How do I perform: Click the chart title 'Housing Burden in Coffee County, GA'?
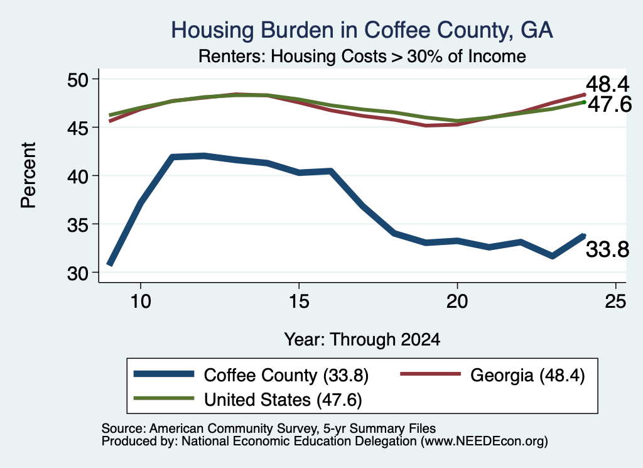pyautogui.click(x=362, y=30)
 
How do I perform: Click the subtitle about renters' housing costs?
pyautogui.click(x=362, y=57)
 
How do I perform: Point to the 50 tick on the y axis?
pyautogui.click(x=78, y=79)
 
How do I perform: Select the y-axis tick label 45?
pyautogui.click(x=78, y=128)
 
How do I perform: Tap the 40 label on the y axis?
pyautogui.click(x=78, y=176)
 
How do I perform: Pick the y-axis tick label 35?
pyautogui.click(x=78, y=224)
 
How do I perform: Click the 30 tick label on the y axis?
pyautogui.click(x=78, y=273)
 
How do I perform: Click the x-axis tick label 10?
pyautogui.click(x=141, y=302)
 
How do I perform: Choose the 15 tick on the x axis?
pyautogui.click(x=299, y=302)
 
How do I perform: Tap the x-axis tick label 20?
pyautogui.click(x=457, y=302)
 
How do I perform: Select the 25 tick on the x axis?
pyautogui.click(x=615, y=302)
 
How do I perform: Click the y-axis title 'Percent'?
pyautogui.click(x=29, y=175)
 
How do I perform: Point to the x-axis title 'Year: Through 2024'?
pyautogui.click(x=362, y=340)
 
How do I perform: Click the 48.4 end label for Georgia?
pyautogui.click(x=607, y=85)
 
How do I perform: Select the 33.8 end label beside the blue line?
pyautogui.click(x=607, y=249)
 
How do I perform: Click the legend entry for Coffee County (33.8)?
pyautogui.click(x=251, y=375)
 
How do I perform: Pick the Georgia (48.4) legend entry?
pyautogui.click(x=492, y=375)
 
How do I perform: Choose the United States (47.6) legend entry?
pyautogui.click(x=247, y=400)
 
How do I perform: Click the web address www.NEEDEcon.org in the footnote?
pyautogui.click(x=484, y=442)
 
